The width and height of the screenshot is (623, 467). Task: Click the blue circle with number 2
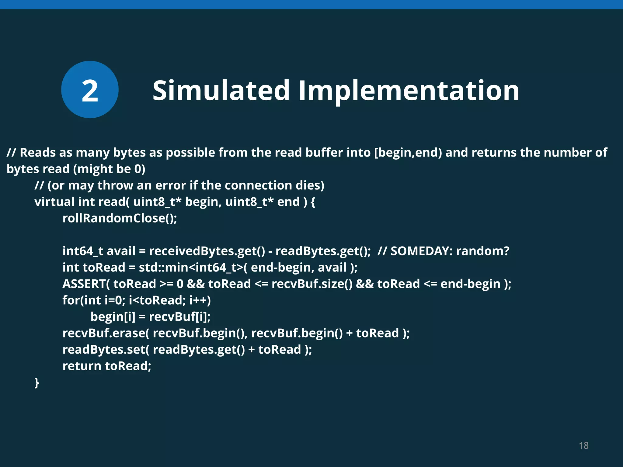90,89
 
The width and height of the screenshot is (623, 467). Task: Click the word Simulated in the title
221,90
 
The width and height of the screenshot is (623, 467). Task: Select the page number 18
583,445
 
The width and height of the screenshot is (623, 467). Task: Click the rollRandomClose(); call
120,218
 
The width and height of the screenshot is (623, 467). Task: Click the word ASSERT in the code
84,284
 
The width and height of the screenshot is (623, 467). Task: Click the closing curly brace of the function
37,382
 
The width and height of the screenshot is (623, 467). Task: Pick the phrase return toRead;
107,366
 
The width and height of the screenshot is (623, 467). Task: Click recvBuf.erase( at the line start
106,333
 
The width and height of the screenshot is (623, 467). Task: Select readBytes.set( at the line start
106,350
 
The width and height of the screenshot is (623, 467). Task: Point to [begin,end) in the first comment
408,153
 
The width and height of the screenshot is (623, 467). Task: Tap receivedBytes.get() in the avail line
207,251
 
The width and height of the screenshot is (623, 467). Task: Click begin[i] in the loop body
113,317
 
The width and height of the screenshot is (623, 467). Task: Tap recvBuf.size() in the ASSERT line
312,284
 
